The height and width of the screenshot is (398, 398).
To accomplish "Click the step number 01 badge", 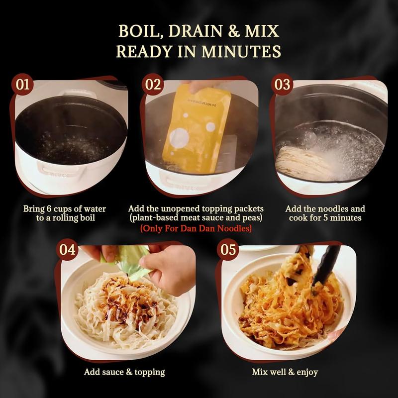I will pos(23,84).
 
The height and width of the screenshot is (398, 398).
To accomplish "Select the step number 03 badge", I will pos(282,84).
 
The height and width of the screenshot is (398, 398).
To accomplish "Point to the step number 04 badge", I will pos(67,250).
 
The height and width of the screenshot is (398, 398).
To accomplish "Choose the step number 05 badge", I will pos(227,250).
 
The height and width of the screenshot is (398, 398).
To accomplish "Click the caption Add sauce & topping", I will pos(125,372).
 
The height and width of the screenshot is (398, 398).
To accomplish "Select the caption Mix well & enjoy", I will pos(285,372).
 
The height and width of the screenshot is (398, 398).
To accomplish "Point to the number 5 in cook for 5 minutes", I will pos(338,218).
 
